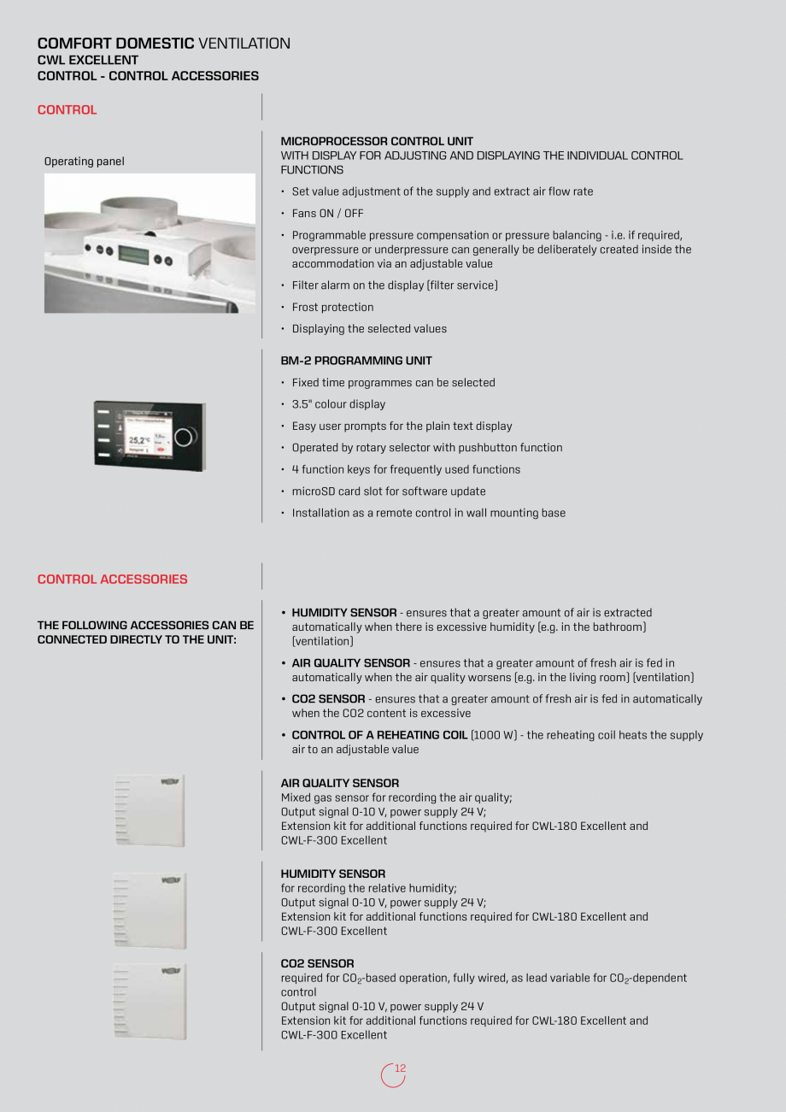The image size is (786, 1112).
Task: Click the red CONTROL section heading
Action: [x=67, y=110]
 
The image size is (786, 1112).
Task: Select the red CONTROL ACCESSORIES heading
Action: [x=112, y=580]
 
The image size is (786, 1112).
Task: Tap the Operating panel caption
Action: [x=84, y=162]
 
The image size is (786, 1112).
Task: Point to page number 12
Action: [x=400, y=1068]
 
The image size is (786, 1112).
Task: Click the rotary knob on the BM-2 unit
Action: [x=185, y=438]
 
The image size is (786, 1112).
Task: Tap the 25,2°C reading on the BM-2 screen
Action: [x=139, y=441]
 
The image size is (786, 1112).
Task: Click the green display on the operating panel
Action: [x=133, y=255]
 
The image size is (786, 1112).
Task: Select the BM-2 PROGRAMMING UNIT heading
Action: [x=356, y=361]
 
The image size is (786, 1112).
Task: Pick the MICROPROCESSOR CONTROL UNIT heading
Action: [x=377, y=141]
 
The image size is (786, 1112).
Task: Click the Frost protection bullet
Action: [x=332, y=307]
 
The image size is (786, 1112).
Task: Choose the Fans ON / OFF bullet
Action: [x=327, y=214]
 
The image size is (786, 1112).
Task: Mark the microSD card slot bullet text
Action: [x=389, y=491]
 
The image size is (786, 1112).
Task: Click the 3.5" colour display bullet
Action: [x=338, y=404]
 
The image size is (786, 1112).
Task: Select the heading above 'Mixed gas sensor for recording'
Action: [x=339, y=783]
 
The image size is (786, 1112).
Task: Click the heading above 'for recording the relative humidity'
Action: [x=332, y=874]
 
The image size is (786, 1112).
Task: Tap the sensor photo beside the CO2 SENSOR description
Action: [x=150, y=1002]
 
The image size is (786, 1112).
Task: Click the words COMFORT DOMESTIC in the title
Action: [x=115, y=44]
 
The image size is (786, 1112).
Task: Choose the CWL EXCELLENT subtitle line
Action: [x=87, y=61]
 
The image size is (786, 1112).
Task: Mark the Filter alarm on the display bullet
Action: [x=394, y=285]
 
